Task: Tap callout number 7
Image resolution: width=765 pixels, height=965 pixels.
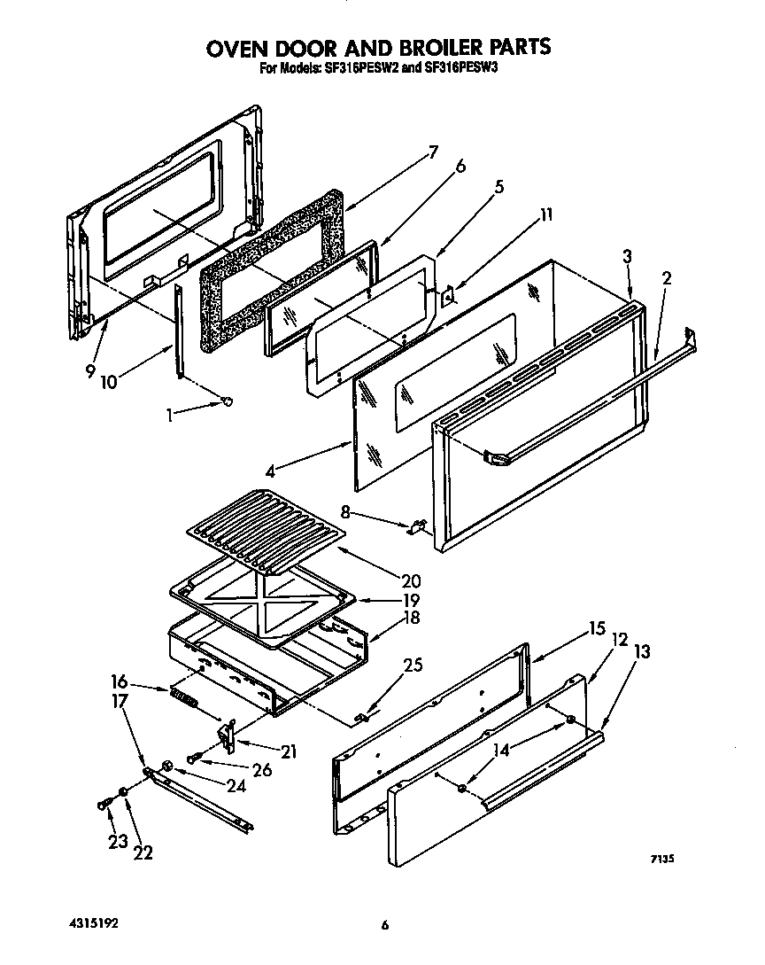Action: [433, 152]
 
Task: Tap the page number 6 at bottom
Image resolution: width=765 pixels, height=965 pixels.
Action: [385, 927]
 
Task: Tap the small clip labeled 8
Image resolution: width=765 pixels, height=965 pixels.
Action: [414, 528]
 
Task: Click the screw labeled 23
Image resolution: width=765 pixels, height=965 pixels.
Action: [104, 803]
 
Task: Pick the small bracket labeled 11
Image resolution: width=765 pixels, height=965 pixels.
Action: [449, 295]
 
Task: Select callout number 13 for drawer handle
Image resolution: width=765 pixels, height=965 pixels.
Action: [642, 652]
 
